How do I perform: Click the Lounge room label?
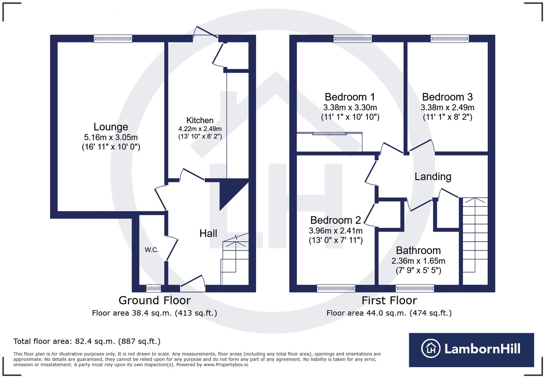point(111,127)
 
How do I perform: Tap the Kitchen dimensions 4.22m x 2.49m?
point(200,129)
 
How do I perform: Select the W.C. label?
point(152,250)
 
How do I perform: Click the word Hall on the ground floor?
point(208,233)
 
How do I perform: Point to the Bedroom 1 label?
point(350,97)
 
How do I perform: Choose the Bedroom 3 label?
point(447,97)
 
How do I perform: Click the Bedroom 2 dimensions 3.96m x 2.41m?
point(336,230)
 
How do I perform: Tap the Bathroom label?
point(418,250)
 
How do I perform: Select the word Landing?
point(433,176)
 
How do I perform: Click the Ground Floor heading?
point(154,300)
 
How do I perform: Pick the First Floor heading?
point(389,300)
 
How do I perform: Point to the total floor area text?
point(87,341)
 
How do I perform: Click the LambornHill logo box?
point(471,349)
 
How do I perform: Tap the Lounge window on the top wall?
point(113,39)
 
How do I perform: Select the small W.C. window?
point(154,288)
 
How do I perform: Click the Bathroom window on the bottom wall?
point(415,288)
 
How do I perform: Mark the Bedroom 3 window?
point(449,39)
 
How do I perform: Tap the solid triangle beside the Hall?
point(231,193)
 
